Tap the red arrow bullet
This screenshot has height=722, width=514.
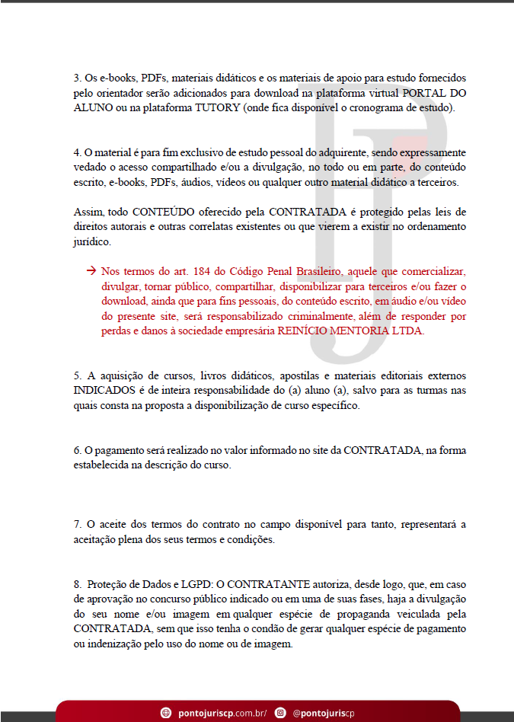pos(91,271)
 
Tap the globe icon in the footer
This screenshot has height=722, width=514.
pos(166,712)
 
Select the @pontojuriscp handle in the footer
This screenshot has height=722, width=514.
pos(323,712)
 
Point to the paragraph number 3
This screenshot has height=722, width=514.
pos(77,78)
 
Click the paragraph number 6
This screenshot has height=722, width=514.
pos(77,450)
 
